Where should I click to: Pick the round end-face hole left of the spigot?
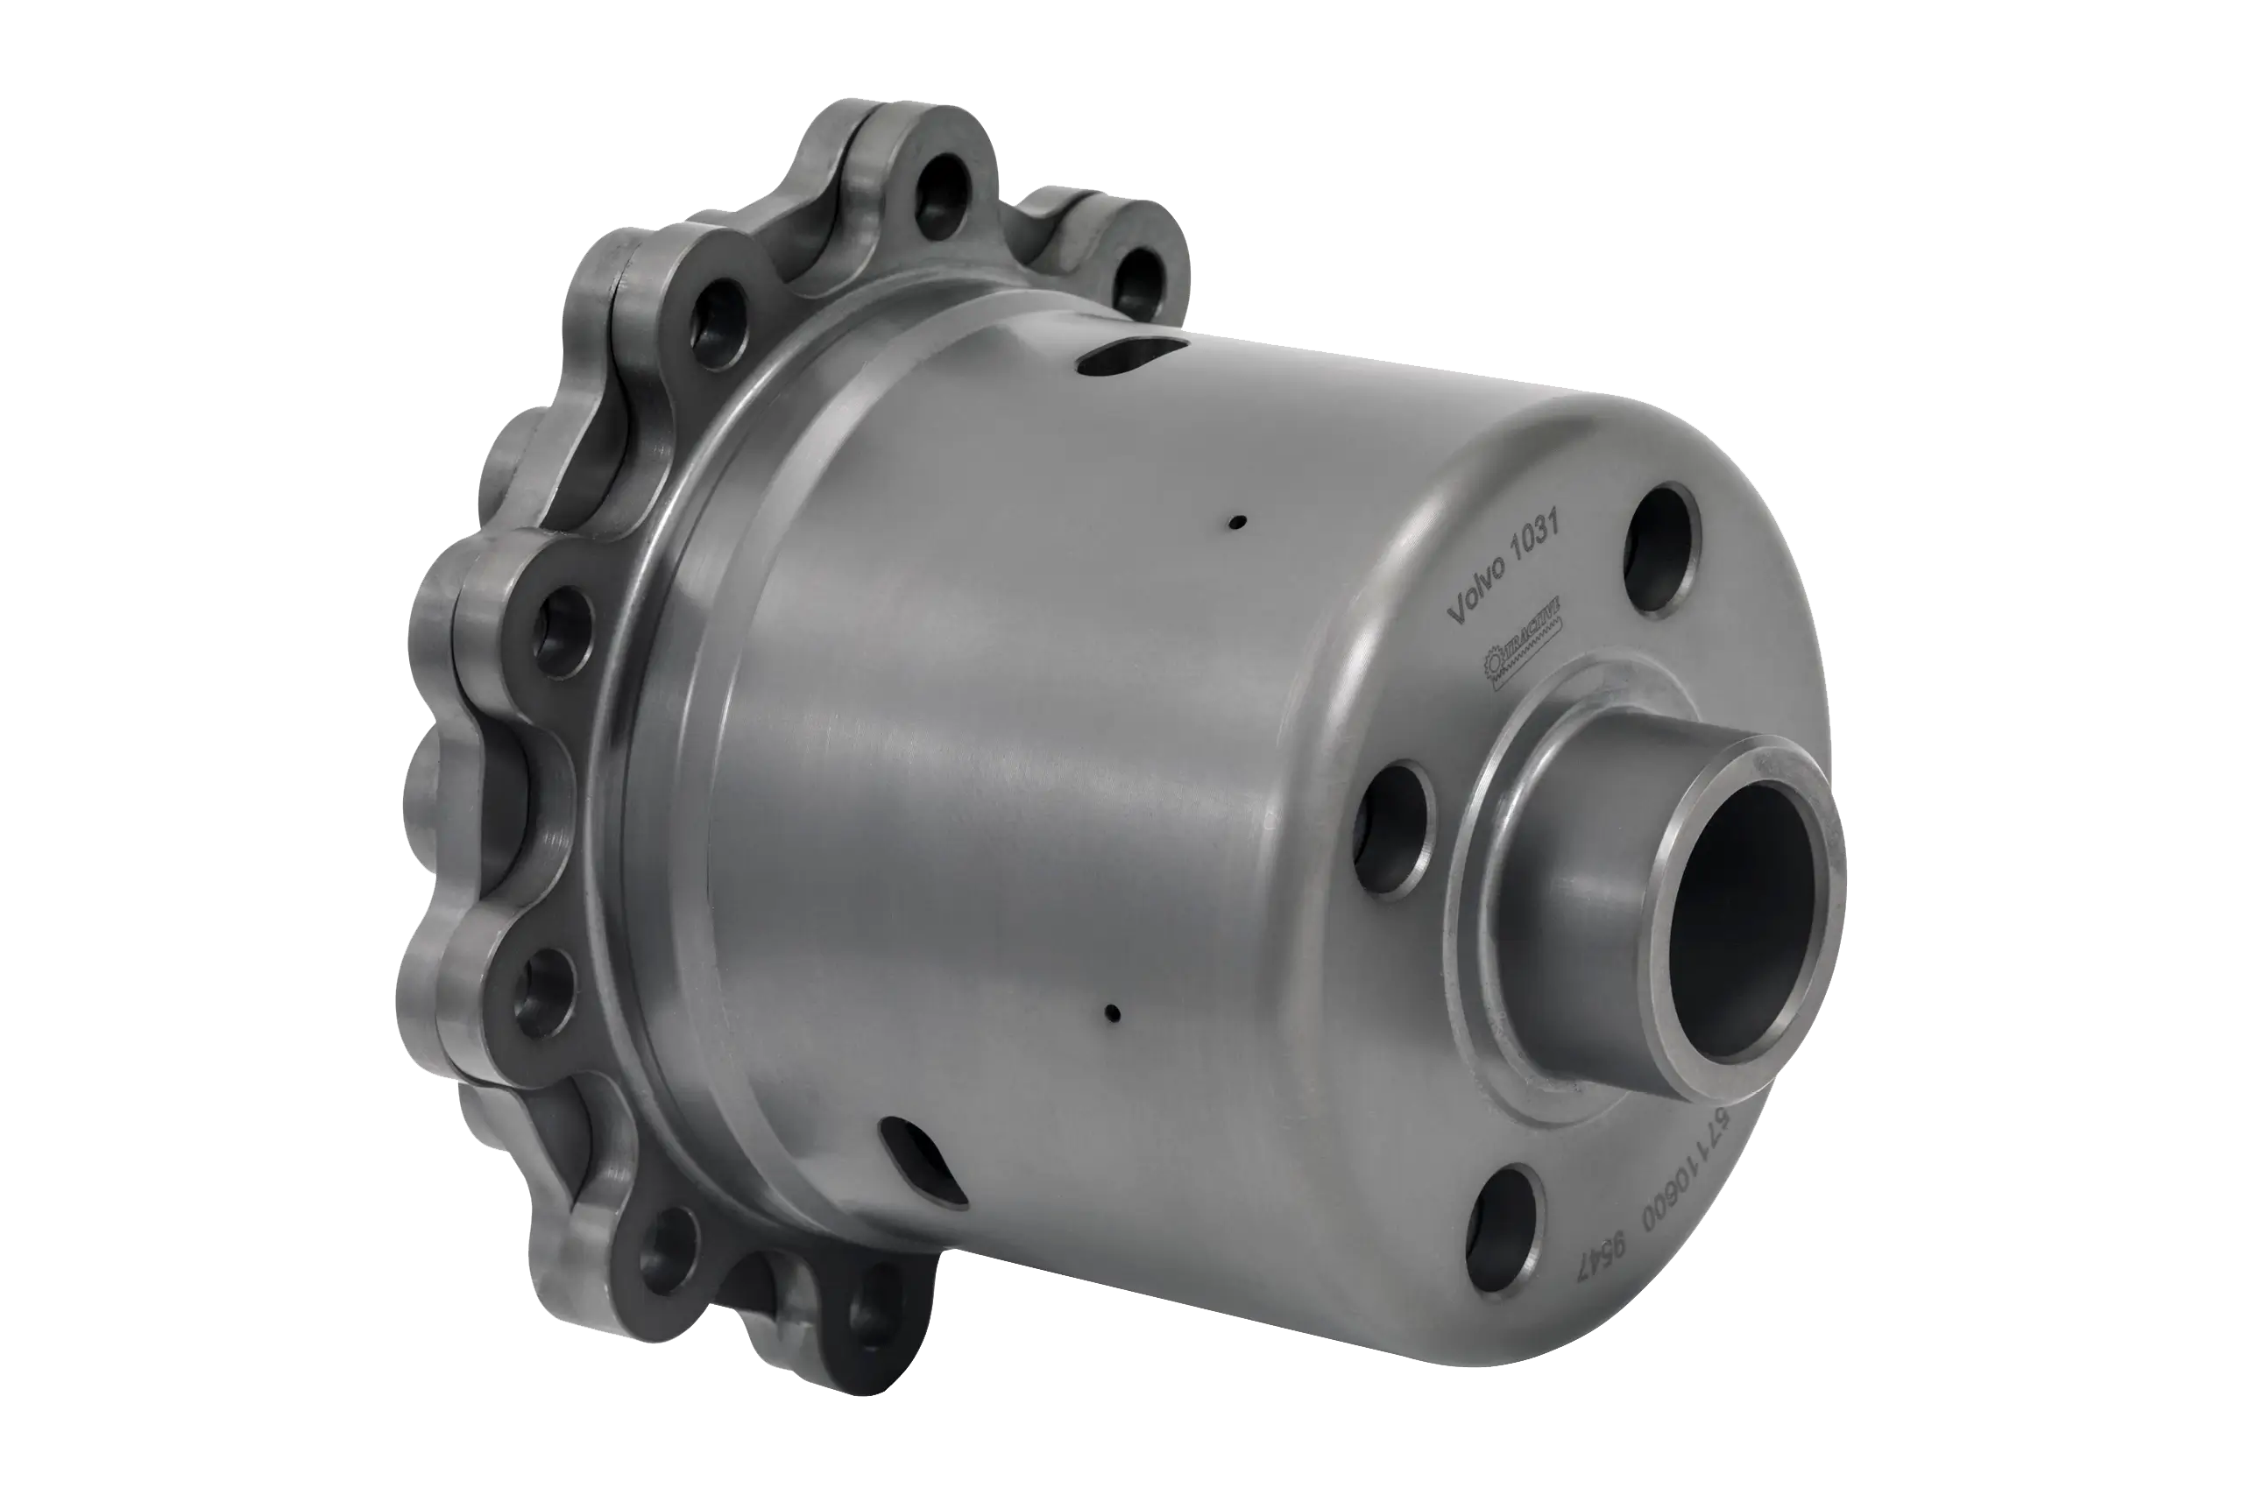pos(1393,829)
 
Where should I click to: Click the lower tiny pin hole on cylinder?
pos(1112,1010)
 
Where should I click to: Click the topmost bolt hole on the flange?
pos(939,206)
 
